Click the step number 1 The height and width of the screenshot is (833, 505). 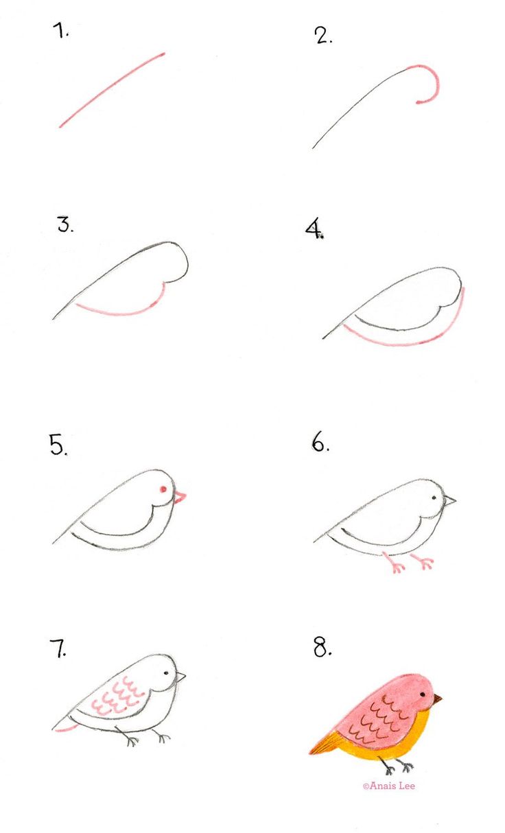click(x=60, y=32)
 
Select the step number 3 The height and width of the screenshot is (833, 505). click(x=65, y=224)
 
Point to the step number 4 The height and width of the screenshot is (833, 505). click(x=314, y=229)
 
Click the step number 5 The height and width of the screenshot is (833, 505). click(x=58, y=445)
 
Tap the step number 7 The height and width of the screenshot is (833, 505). click(x=58, y=648)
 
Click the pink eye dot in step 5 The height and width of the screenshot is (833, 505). click(x=163, y=489)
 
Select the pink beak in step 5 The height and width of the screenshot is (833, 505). click(x=180, y=497)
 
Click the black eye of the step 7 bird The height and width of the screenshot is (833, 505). click(x=166, y=672)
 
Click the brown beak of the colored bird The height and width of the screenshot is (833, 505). click(x=436, y=699)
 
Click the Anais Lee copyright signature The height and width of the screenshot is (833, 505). click(x=389, y=786)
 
